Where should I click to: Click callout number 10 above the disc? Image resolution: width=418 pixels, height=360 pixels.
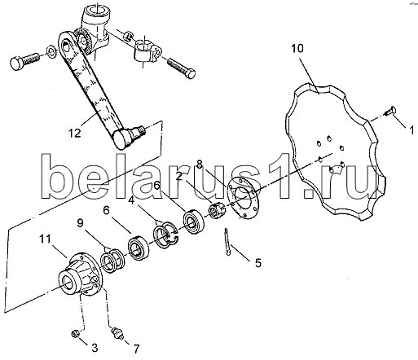(297, 49)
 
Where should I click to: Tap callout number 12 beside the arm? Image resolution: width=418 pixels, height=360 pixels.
(75, 133)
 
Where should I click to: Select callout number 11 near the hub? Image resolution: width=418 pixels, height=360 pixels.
(45, 239)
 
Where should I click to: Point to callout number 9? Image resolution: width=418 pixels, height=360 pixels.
(80, 223)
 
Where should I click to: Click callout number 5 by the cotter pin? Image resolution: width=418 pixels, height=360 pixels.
(258, 263)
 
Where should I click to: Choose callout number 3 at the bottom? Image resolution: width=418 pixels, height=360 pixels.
(95, 348)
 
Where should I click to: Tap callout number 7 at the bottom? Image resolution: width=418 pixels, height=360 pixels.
(136, 349)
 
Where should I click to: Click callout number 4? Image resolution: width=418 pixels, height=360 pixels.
(131, 200)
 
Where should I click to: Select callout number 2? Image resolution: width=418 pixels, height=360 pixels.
(179, 177)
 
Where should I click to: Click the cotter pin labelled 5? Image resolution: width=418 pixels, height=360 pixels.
(227, 242)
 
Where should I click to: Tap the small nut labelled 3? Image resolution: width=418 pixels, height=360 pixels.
(75, 333)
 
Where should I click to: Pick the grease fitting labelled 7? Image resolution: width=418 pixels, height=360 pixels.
(117, 333)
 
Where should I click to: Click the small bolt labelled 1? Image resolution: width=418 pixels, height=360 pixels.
(390, 111)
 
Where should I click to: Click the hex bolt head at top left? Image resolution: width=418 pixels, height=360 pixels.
(17, 63)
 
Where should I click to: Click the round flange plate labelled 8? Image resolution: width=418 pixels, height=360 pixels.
(242, 197)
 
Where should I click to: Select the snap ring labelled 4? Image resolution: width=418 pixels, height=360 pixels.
(165, 234)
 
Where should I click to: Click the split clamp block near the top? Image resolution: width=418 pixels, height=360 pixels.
(147, 50)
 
